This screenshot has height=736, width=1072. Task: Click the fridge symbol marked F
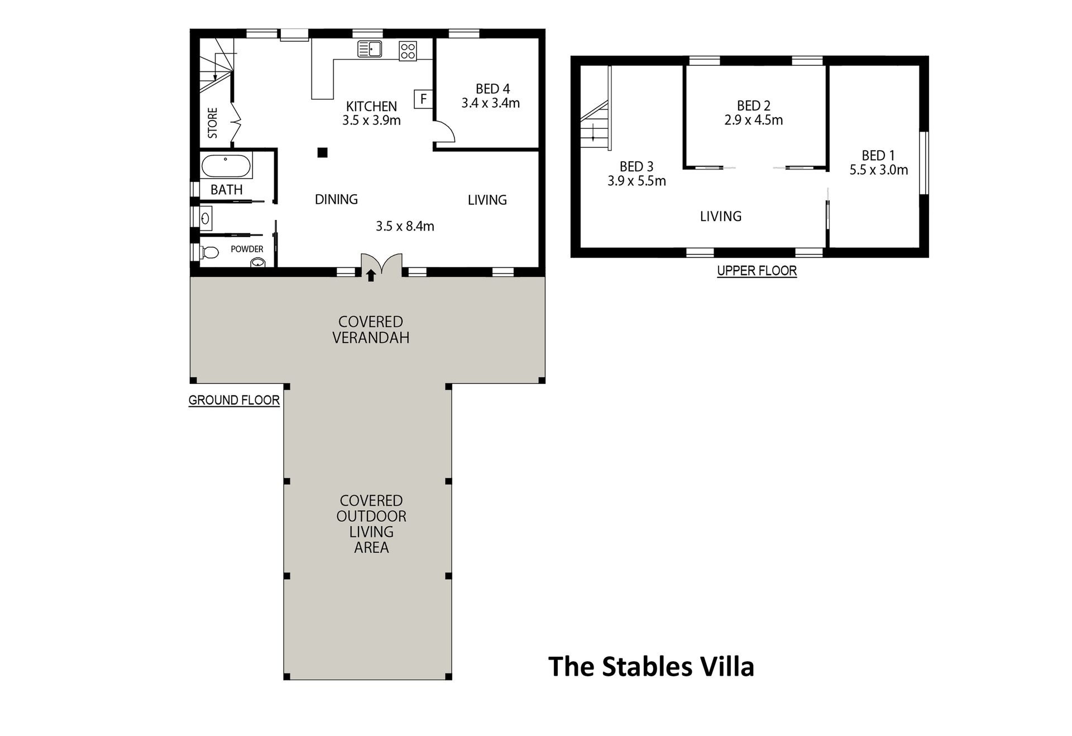coord(423,99)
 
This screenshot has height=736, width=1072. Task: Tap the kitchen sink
coord(370,49)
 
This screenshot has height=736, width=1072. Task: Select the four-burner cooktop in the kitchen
coord(408,51)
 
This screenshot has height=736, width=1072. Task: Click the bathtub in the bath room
coord(226,166)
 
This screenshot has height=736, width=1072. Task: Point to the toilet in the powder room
coord(209,252)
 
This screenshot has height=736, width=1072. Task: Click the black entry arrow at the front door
coord(371,276)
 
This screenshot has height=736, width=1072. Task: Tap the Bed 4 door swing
coord(446,133)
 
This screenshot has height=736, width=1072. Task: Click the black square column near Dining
coord(322,152)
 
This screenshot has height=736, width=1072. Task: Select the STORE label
coord(213,123)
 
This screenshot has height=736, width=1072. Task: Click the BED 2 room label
coord(754,105)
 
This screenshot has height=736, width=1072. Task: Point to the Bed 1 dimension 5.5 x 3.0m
coord(879,170)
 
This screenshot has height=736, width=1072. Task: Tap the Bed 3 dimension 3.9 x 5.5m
coord(636,181)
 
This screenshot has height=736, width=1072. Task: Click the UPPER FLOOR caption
coord(757,271)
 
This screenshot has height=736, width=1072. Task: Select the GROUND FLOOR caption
coord(234,400)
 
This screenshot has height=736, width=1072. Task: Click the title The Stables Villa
coord(651,666)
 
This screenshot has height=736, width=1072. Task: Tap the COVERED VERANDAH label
coord(371,330)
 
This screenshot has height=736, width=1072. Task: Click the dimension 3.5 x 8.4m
coord(405,226)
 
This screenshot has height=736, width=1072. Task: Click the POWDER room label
coord(247,249)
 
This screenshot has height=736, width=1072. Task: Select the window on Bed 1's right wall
coord(923,162)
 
